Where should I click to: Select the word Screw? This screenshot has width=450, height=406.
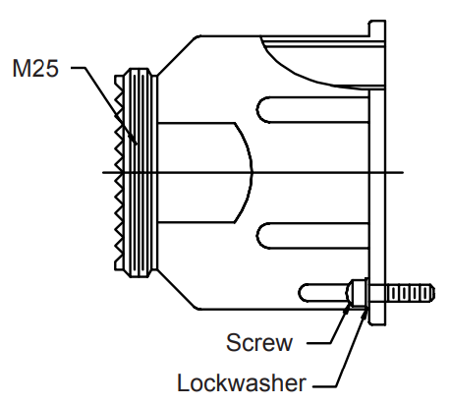tap(258, 343)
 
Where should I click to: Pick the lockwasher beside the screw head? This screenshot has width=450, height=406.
tap(366, 294)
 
